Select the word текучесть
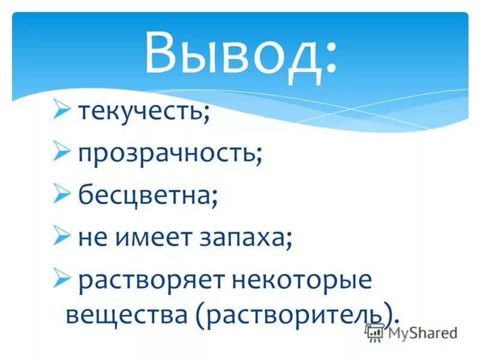[x=142, y=113]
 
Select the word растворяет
[x=152, y=281]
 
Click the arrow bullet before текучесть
[x=62, y=110]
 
